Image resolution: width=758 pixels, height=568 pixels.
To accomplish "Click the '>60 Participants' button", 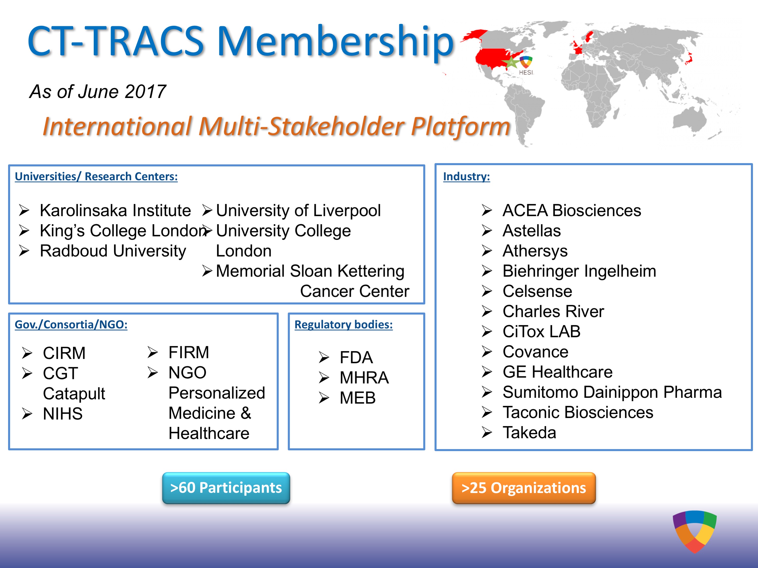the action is pos(226,488).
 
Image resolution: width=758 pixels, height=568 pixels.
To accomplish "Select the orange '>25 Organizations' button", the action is pos(524,488).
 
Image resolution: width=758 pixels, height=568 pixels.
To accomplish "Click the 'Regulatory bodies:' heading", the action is pos(343,324).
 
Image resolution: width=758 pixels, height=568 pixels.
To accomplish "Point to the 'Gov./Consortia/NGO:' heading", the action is pos(71,324).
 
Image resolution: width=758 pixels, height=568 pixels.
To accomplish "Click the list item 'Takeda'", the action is pos(529,432).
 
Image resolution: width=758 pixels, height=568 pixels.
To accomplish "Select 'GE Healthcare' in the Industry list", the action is pos(558,372).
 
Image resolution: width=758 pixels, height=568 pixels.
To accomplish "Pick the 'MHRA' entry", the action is pos(364,378).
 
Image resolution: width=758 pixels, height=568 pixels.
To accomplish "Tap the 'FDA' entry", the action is pos(356,357).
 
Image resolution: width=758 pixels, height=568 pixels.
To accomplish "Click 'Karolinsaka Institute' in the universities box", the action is pos(115,210).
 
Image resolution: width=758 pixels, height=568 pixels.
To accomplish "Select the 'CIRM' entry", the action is pos(64,353).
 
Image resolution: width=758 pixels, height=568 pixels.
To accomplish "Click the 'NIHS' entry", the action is pos(63,414).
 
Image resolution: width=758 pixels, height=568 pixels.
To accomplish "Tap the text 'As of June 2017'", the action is pos(98,91).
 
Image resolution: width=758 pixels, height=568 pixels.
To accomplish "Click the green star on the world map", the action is pos(511,62).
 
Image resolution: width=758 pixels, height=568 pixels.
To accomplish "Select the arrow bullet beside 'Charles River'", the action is pos(487,311).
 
